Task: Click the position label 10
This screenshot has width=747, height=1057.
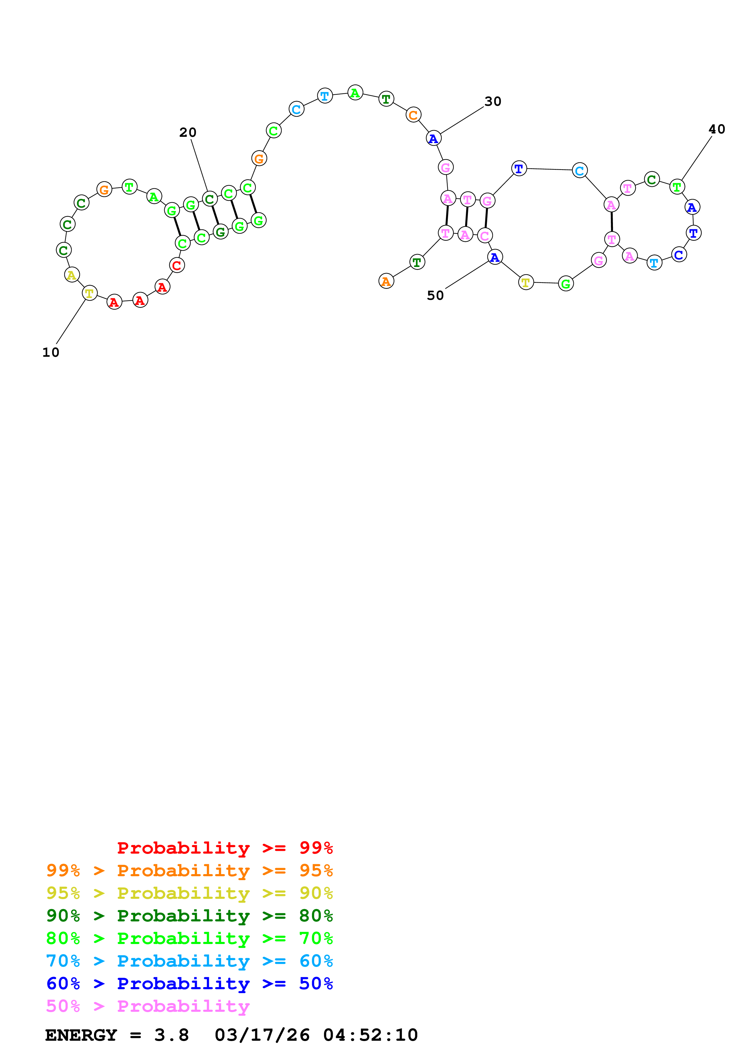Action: point(51,353)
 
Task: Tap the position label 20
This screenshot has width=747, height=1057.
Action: point(188,133)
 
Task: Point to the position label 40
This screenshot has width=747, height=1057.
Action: point(717,129)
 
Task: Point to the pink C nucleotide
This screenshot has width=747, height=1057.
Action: point(485,236)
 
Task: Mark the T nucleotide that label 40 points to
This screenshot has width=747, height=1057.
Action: point(677,187)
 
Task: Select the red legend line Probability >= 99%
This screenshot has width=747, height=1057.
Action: point(224,848)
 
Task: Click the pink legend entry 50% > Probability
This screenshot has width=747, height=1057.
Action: point(148,1006)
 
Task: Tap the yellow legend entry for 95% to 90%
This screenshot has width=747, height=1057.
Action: point(189,893)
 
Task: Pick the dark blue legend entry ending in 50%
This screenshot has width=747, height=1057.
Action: point(189,983)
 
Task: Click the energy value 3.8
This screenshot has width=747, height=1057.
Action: point(171,1035)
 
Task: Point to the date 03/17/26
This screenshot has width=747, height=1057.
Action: point(262,1035)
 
